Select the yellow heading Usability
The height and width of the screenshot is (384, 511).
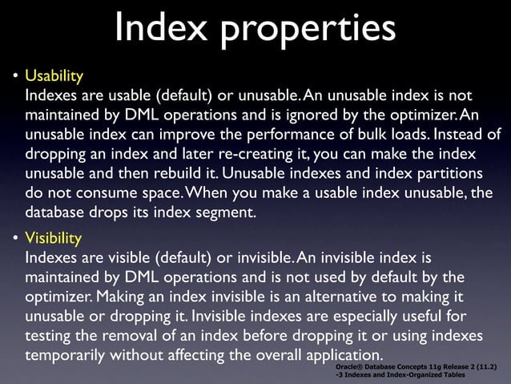pyautogui.click(x=54, y=78)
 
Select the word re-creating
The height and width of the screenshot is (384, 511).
pyautogui.click(x=259, y=153)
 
